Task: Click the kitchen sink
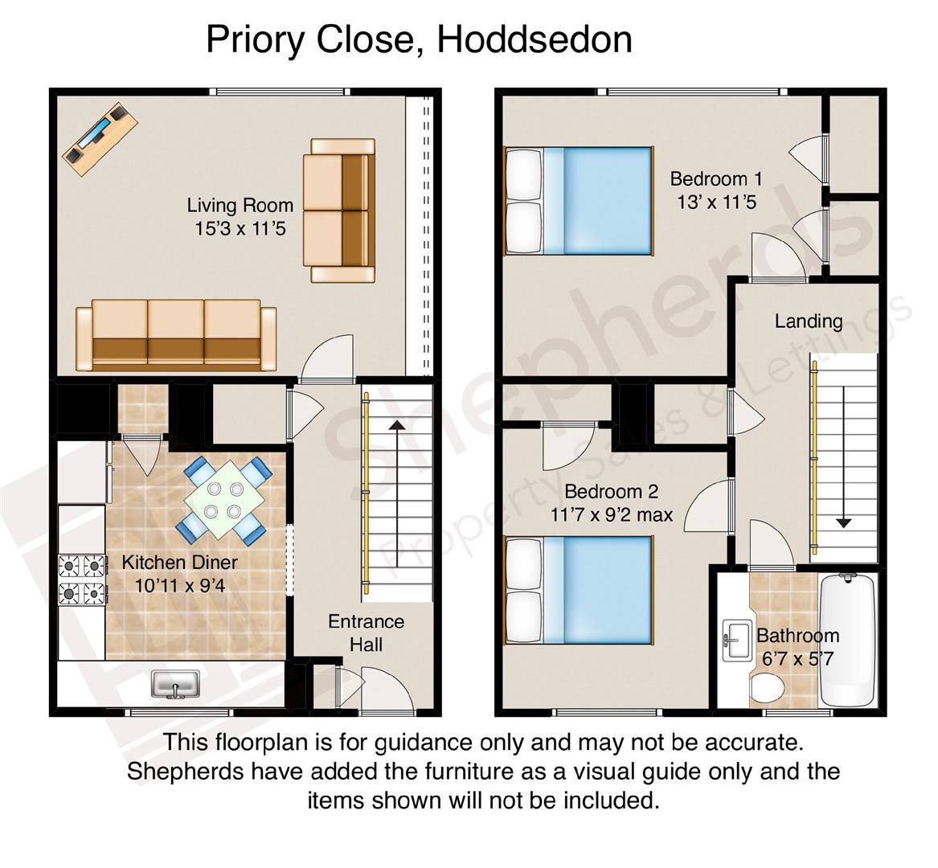[175, 684]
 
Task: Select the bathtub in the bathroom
[848, 640]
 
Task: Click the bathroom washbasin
[738, 641]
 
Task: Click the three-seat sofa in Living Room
[176, 335]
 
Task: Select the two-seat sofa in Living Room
[339, 210]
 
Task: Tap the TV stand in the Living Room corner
[100, 138]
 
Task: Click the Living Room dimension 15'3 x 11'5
[240, 228]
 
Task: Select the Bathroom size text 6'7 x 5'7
[797, 659]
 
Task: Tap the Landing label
[809, 321]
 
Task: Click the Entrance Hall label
[366, 633]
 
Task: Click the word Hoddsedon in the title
[535, 39]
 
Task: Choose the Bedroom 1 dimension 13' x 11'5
[717, 203]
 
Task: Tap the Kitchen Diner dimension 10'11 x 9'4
[180, 585]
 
